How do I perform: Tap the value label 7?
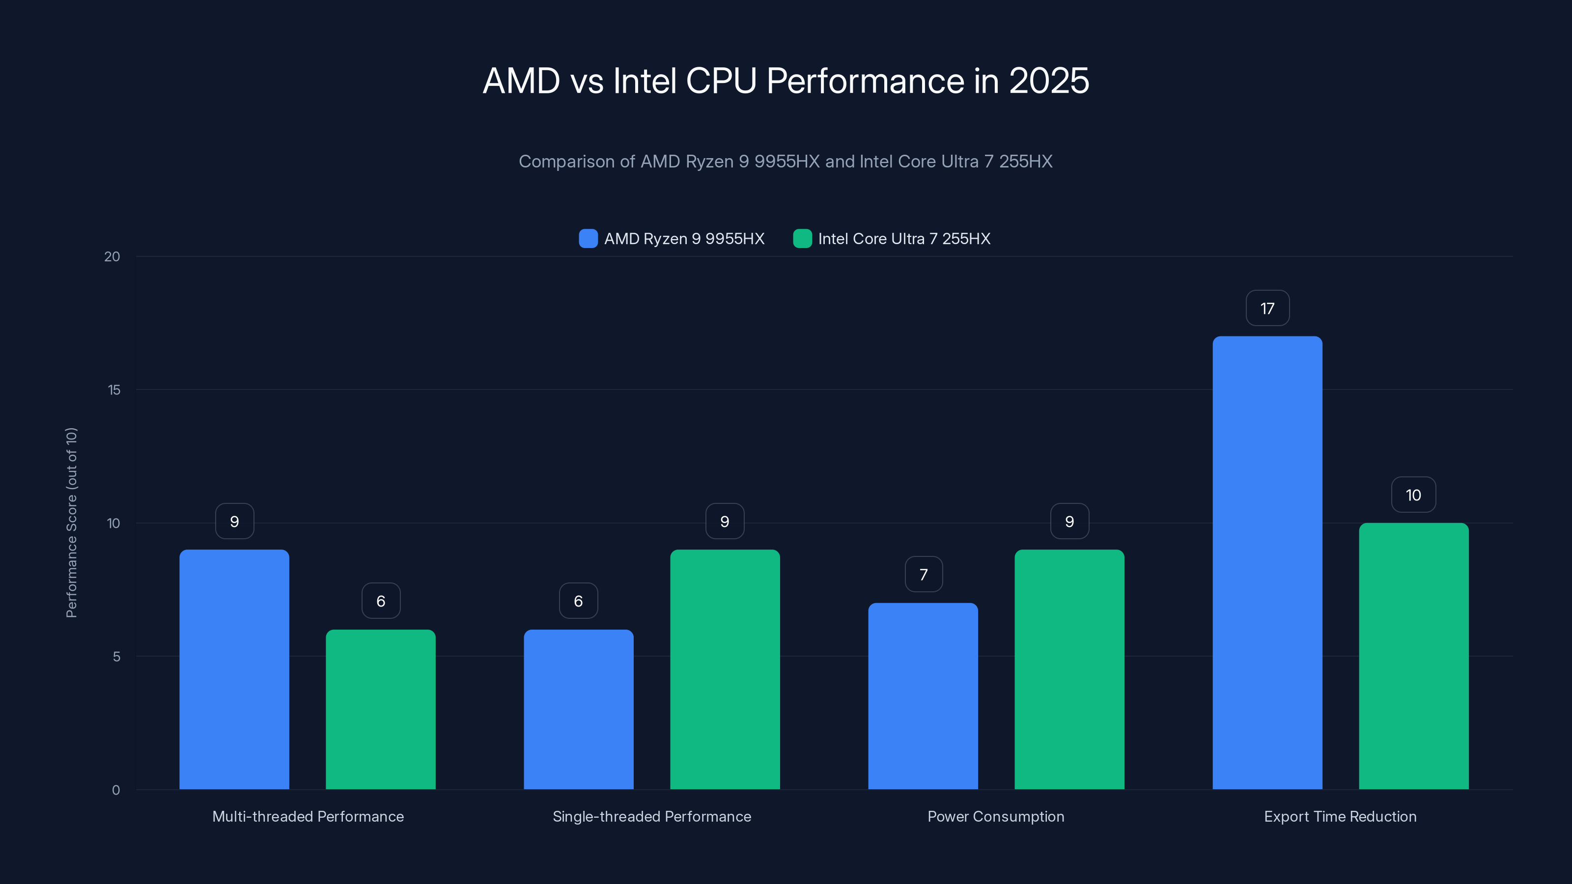(x=924, y=574)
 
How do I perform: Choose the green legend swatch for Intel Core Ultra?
(x=802, y=239)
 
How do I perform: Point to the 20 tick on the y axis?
(x=112, y=256)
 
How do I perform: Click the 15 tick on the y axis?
(x=114, y=390)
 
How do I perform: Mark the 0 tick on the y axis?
(x=116, y=790)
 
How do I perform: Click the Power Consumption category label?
(x=995, y=816)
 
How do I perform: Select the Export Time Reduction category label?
(x=1340, y=816)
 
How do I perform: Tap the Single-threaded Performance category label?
(x=652, y=816)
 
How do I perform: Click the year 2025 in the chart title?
(x=1048, y=81)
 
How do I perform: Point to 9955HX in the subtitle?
(x=786, y=161)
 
